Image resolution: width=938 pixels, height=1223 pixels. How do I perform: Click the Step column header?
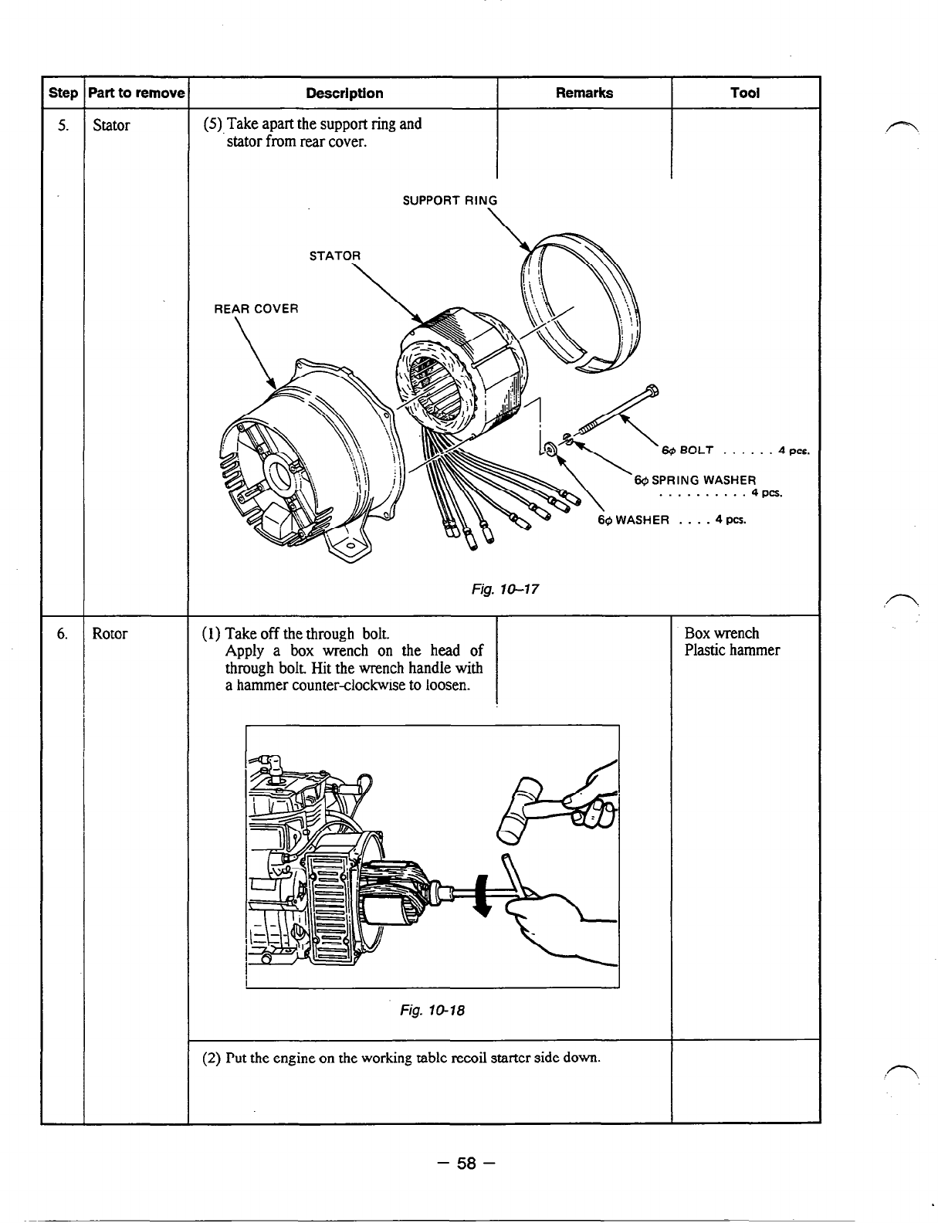point(63,93)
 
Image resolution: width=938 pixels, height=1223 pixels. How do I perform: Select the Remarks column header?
point(584,93)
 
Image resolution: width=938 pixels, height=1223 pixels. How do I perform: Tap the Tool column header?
point(745,93)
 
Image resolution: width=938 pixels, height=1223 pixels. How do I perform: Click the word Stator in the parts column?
point(111,125)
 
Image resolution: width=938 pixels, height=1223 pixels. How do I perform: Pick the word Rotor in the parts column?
point(110,634)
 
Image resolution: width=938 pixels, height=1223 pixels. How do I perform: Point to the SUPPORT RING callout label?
point(450,201)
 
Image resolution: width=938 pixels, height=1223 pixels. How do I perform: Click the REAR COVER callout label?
point(256,309)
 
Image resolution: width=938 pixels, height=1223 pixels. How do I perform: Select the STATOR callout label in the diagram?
point(334,256)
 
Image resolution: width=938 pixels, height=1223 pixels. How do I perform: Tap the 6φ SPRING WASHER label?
point(695,479)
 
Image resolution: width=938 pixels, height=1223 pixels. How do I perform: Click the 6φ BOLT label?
point(687,450)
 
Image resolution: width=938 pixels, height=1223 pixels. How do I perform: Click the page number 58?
point(468,1164)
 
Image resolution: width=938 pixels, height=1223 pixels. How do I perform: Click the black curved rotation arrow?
point(484,896)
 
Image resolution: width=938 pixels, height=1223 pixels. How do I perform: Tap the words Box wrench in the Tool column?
point(722,633)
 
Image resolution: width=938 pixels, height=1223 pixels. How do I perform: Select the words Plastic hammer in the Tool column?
point(732,650)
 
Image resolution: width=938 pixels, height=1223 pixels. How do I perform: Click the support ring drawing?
point(581,301)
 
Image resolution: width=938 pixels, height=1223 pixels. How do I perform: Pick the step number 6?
point(62,634)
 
